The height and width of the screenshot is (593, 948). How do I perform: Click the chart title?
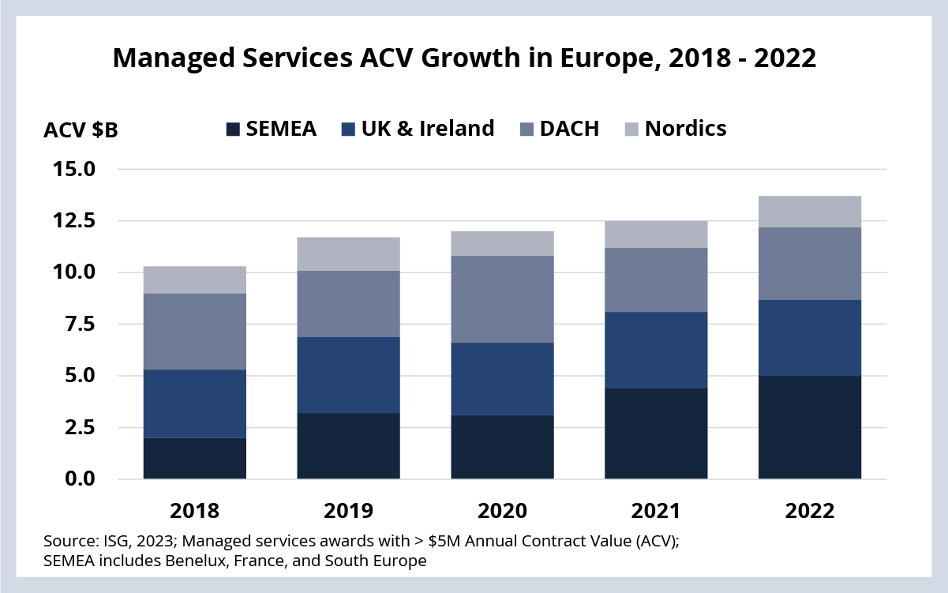pos(464,58)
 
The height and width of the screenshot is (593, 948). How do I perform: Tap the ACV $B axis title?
pos(81,130)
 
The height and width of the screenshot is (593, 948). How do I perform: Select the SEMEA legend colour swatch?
pos(233,129)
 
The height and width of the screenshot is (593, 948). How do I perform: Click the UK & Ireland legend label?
pos(428,128)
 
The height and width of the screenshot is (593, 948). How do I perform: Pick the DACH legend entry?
pos(560,129)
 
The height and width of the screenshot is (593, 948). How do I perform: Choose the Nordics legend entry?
pos(676,129)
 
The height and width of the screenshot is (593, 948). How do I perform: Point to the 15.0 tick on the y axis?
pos(74,169)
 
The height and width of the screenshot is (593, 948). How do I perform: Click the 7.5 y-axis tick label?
pos(80,325)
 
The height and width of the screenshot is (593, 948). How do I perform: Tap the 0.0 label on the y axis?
pos(80,479)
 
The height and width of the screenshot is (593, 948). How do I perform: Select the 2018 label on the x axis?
pos(195,511)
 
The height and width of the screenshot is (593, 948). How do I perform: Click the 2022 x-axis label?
pos(810,511)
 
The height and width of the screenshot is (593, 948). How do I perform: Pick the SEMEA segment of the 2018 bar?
pos(195,459)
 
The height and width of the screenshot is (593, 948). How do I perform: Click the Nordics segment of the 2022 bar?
pos(810,212)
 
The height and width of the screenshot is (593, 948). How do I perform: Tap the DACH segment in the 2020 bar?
pos(502,299)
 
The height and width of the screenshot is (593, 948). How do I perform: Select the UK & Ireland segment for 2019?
pos(348,375)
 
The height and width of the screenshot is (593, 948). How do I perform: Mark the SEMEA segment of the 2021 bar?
pos(656,433)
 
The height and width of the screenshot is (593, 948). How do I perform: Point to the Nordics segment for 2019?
pos(348,254)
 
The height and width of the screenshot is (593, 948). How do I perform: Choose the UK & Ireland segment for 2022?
pos(810,338)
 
